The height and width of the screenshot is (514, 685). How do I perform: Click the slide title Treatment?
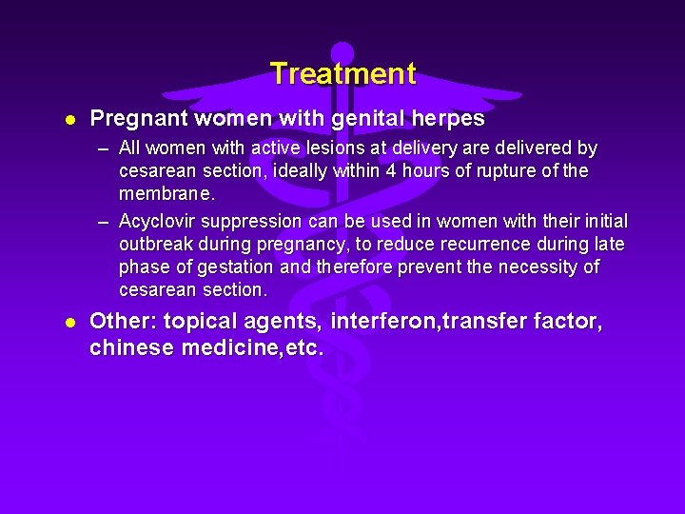point(342,73)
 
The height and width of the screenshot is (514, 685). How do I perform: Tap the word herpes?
point(446,119)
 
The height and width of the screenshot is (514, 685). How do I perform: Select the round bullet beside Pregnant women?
point(69,120)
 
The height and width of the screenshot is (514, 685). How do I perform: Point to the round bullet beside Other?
point(69,324)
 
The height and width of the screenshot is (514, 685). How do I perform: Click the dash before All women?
point(103,149)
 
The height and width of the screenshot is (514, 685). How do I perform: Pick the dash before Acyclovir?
point(103,222)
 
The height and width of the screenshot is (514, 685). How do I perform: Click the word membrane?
point(166,194)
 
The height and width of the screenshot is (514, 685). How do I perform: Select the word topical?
point(198,323)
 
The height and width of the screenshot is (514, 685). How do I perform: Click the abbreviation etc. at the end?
point(303,348)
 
